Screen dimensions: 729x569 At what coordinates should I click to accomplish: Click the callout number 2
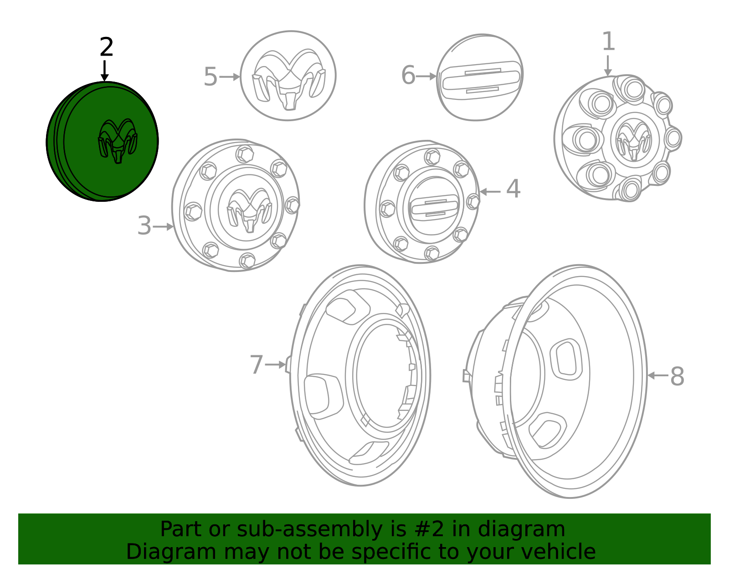pos(106,47)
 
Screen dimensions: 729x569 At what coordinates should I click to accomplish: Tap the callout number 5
pos(210,77)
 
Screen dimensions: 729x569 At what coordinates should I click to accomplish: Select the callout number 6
pos(408,75)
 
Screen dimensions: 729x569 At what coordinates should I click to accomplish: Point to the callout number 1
pos(608,41)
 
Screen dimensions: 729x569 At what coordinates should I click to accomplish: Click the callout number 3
pos(144,226)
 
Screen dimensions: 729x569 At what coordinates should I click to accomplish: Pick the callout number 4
pos(513,189)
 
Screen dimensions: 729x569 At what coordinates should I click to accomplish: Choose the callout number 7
pos(257,364)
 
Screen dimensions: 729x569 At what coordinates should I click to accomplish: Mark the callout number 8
pos(677,376)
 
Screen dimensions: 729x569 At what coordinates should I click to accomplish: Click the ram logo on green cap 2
pos(118,141)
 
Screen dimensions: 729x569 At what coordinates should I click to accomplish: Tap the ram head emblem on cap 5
pos(289,80)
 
